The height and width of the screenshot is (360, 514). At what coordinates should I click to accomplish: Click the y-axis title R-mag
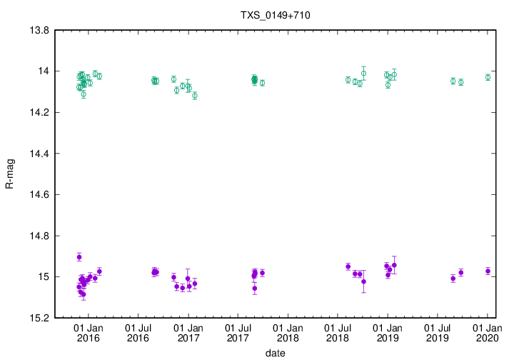[9, 175]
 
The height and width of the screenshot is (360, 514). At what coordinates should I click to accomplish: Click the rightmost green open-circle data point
[488, 77]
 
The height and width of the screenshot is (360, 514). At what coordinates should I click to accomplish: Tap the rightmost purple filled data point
[488, 271]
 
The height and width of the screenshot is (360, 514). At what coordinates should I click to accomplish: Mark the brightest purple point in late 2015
[79, 257]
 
